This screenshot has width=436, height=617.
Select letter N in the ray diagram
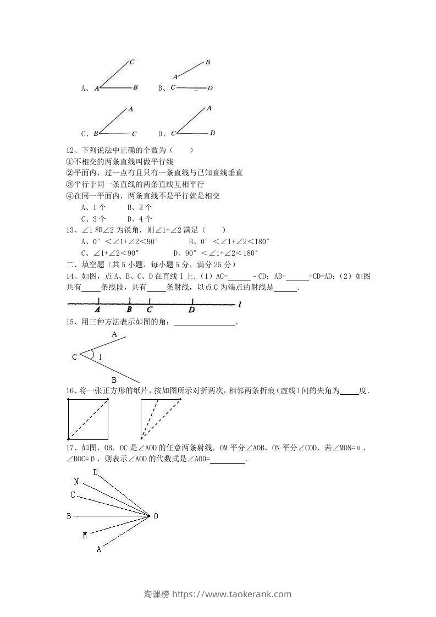coord(76,482)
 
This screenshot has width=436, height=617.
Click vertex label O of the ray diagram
coord(156,516)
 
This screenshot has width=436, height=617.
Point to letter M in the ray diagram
coord(85,535)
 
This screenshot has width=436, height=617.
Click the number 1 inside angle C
coord(100,357)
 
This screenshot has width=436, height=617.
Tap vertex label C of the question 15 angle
coord(74,357)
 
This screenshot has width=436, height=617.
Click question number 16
coord(69,391)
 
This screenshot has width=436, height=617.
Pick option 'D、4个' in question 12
coord(140,219)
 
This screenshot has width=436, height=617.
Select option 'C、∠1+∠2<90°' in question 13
coord(110,253)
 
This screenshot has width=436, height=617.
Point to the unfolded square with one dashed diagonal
coord(87,419)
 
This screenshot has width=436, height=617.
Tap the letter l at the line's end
coord(241,304)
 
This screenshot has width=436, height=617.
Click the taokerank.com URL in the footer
coord(231,594)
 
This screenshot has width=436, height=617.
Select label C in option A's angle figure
coord(133,62)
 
